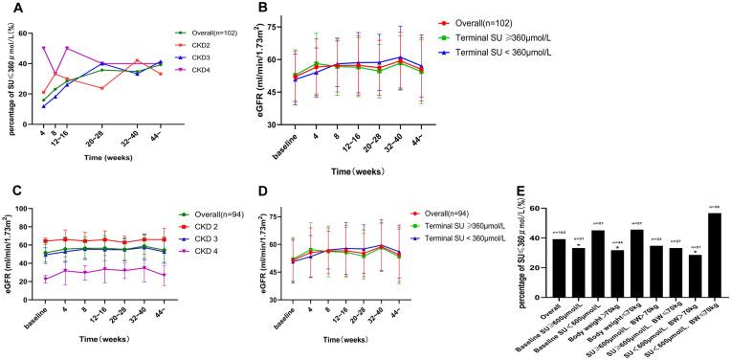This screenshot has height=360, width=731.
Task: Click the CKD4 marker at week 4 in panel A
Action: (x=44, y=48)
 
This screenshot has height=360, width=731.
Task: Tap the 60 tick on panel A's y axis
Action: (x=30, y=33)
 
